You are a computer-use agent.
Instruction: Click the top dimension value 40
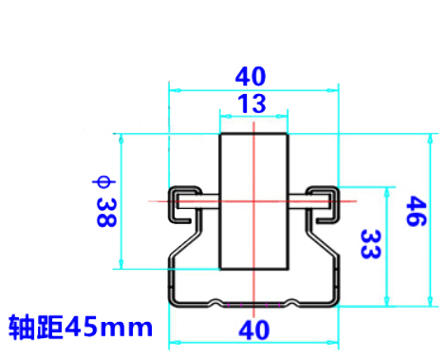[251, 76]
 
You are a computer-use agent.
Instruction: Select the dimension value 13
[252, 104]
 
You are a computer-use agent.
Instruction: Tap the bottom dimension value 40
[253, 330]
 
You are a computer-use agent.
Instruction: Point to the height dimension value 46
[416, 211]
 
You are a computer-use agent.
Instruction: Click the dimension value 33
[371, 244]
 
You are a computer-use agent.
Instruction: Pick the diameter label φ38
[105, 201]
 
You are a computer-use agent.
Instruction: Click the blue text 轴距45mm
[81, 327]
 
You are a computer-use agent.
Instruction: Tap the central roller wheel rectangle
[254, 201]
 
